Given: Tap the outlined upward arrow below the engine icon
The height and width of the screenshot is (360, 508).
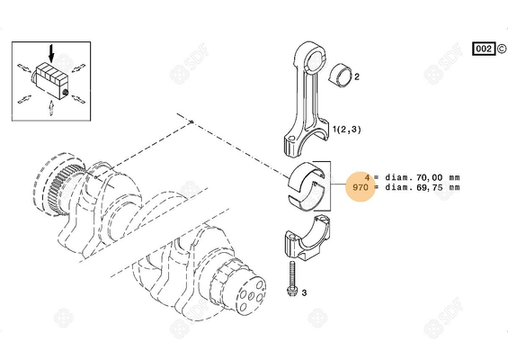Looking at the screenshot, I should click(x=51, y=108).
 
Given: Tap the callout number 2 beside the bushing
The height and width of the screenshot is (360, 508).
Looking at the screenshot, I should click(x=357, y=78).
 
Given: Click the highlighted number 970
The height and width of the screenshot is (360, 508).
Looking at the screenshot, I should click(x=360, y=188).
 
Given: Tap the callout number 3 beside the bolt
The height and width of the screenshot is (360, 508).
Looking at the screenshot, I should click(x=304, y=293).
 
